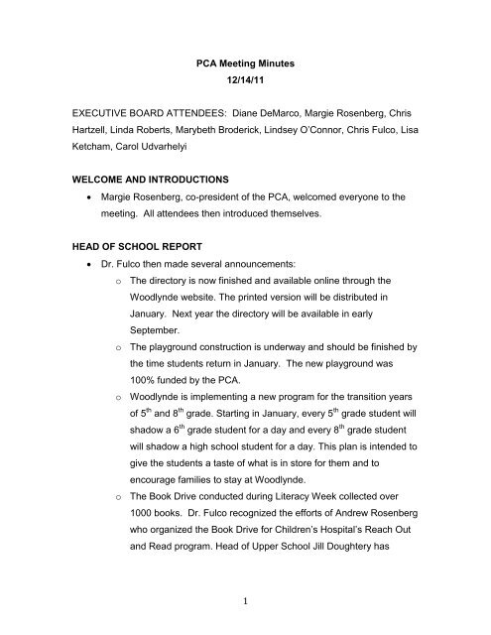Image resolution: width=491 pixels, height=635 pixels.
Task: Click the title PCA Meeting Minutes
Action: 246,62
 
